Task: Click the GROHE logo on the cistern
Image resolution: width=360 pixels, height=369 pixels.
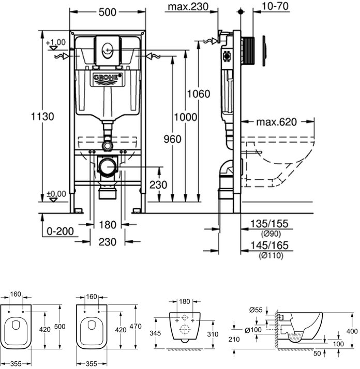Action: (108, 78)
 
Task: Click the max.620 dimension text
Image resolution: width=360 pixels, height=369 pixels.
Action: (283, 122)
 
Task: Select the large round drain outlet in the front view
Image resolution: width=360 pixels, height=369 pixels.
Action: (107, 167)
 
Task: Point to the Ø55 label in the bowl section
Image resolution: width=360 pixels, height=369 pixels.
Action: (254, 309)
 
